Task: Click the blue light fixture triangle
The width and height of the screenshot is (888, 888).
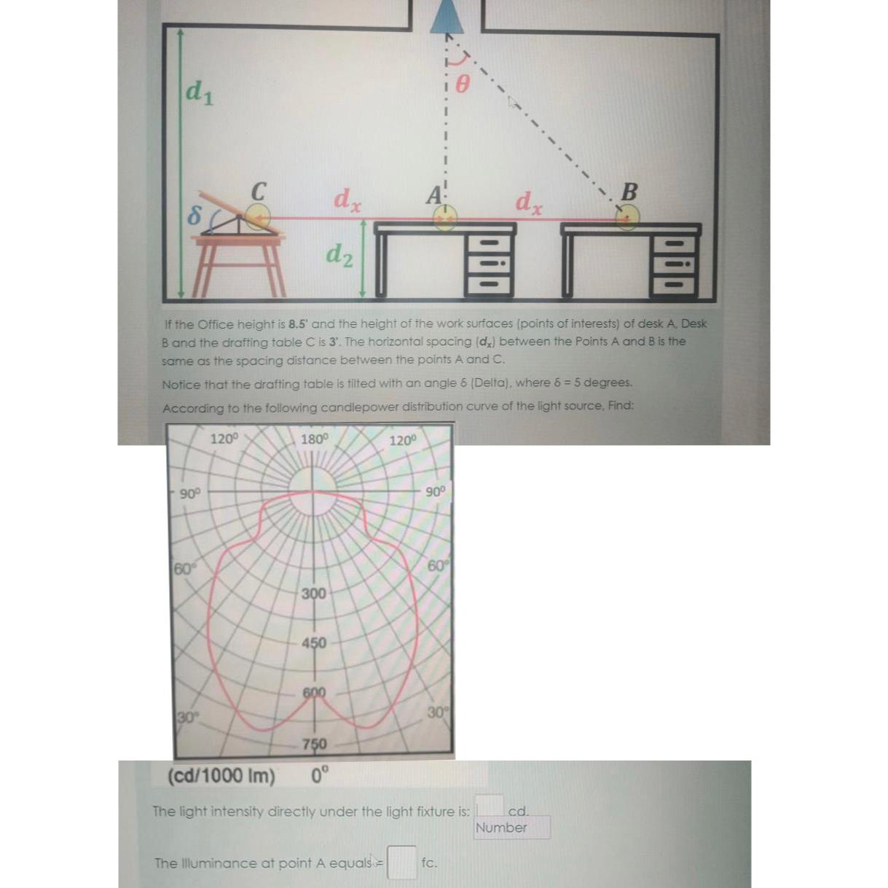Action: tap(447, 17)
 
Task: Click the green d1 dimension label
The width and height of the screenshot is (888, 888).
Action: tap(199, 92)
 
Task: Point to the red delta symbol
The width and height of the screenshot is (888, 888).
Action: tap(194, 214)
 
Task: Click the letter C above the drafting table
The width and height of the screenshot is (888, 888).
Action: tap(258, 191)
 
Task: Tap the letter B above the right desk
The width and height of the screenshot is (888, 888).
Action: tap(629, 192)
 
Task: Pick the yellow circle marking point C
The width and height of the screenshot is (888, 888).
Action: tap(257, 216)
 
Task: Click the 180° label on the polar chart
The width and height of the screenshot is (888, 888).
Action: tap(315, 439)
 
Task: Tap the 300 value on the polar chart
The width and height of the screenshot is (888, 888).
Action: tap(314, 594)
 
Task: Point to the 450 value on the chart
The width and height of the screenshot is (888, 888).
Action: tap(314, 643)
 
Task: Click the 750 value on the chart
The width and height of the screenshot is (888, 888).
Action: tap(314, 744)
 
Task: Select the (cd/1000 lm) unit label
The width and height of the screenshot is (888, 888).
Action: tap(221, 776)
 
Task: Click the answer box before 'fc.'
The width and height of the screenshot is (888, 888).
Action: tap(401, 863)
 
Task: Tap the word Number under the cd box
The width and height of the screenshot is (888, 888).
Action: tap(500, 828)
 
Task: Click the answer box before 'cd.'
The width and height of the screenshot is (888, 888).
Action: tap(490, 806)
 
